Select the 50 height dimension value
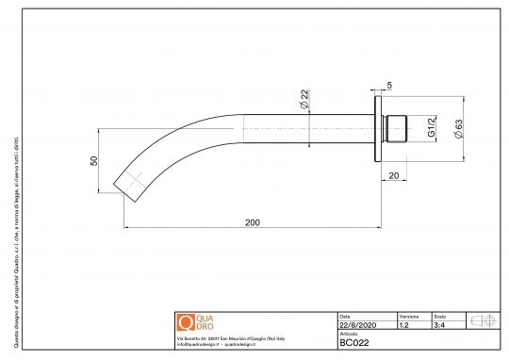[x=93, y=161]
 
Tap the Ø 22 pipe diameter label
[x=305, y=98]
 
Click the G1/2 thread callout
[x=431, y=127]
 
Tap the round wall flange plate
[x=379, y=127]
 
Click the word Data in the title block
[x=344, y=316]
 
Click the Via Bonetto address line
[x=237, y=337]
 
